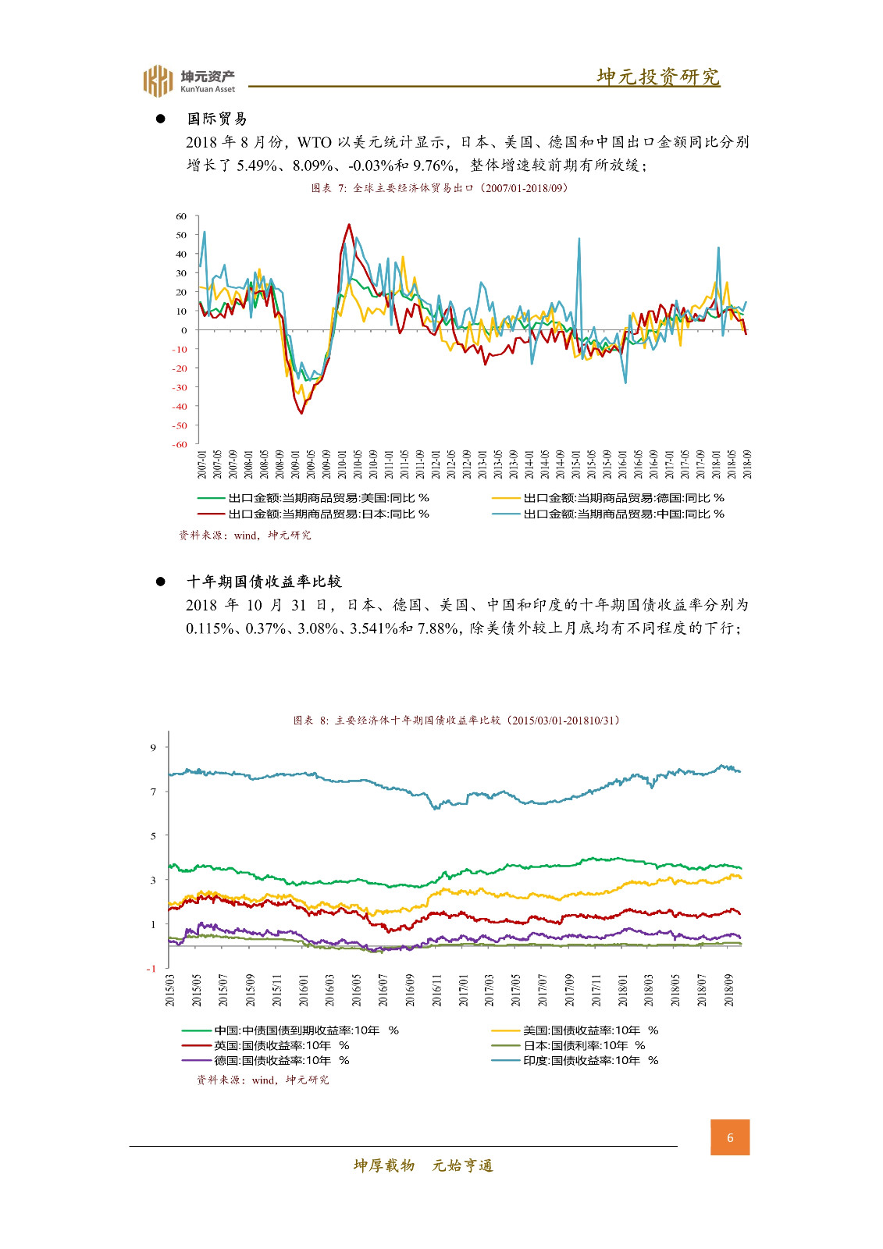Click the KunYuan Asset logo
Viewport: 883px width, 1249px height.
click(188, 80)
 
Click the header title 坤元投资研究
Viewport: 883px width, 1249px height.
click(657, 77)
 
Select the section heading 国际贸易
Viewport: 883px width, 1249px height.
click(217, 119)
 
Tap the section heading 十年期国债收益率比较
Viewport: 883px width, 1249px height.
click(264, 582)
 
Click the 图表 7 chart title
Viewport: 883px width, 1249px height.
click(439, 188)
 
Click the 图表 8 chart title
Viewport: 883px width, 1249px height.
click(457, 720)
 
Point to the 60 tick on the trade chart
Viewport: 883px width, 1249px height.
click(181, 216)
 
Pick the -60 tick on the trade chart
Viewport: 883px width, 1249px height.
click(180, 444)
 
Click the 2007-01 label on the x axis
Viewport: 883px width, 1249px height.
click(202, 464)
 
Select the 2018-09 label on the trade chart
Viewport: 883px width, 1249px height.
click(747, 464)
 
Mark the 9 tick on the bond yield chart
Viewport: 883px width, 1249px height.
click(154, 747)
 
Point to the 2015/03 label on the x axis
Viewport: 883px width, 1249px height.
click(170, 990)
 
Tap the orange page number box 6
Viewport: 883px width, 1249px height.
click(730, 1137)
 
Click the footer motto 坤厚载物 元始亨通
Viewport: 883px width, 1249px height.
click(423, 1165)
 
